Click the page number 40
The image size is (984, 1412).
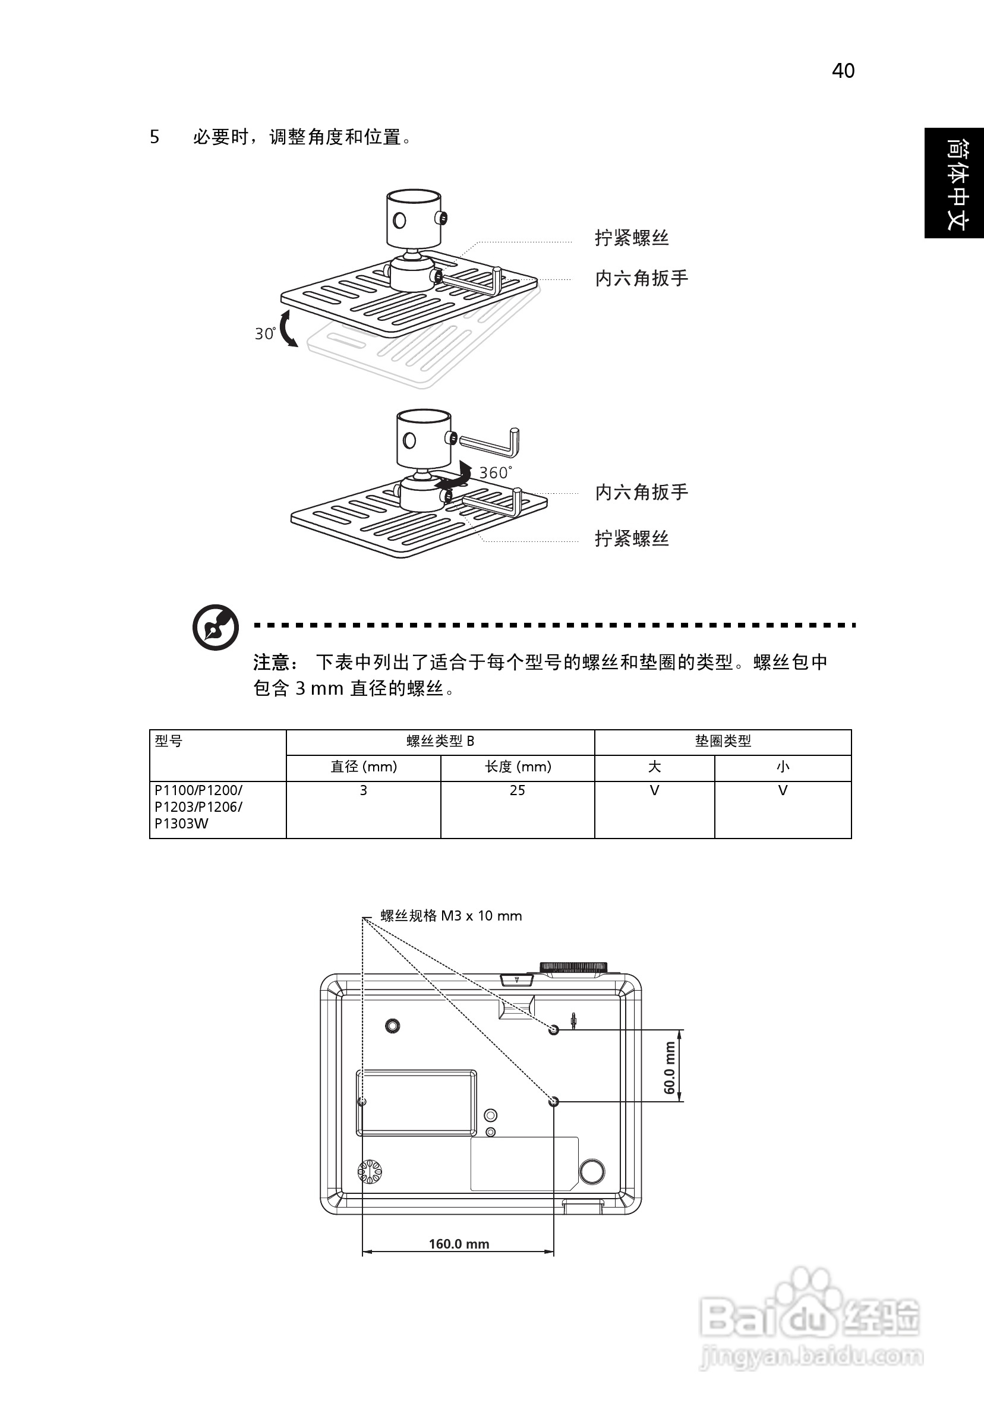tap(843, 71)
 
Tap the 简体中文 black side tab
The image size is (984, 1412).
tap(954, 182)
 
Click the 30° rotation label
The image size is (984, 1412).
tap(265, 333)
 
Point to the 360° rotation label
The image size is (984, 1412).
tap(495, 472)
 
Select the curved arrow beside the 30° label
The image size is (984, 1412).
tap(287, 329)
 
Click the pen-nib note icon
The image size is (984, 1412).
tap(215, 628)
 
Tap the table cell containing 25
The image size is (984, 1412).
tap(517, 790)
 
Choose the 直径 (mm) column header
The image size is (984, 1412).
tap(364, 767)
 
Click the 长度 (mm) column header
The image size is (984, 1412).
tap(518, 767)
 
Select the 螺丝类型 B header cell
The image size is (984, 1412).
tap(440, 741)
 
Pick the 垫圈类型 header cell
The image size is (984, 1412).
tap(723, 741)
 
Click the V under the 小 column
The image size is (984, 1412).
tap(783, 790)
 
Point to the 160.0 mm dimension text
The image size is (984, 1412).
tap(459, 1243)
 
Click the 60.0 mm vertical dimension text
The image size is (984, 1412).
tap(670, 1067)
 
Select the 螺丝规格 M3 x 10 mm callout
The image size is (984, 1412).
tap(451, 916)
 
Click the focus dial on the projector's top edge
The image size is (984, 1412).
tap(573, 967)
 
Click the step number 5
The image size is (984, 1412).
tap(154, 137)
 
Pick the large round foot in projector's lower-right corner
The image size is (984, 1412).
tap(592, 1171)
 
